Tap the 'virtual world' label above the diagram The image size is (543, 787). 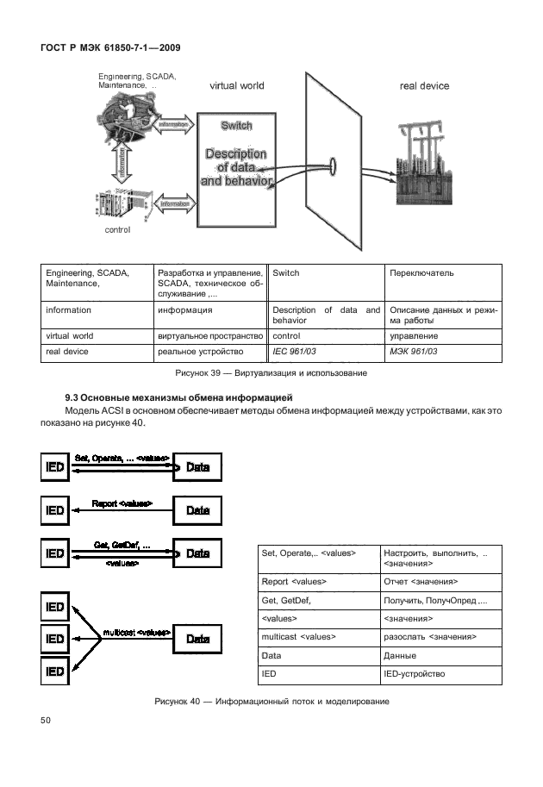(x=237, y=86)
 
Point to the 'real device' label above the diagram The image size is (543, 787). (x=424, y=86)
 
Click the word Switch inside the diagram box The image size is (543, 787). (x=236, y=126)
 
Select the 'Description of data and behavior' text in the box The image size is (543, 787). (x=236, y=167)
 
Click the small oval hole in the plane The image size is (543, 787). (x=333, y=165)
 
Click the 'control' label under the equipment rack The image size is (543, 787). (x=117, y=230)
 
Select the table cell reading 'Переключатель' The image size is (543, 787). (x=421, y=273)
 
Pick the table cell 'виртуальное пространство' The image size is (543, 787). (x=209, y=335)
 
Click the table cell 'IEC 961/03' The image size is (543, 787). (x=295, y=352)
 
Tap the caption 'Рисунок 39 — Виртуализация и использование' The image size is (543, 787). (x=271, y=373)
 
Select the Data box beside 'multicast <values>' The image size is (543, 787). (x=197, y=639)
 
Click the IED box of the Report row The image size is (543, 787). (x=55, y=510)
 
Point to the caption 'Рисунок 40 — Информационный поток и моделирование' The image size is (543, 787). (x=271, y=702)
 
